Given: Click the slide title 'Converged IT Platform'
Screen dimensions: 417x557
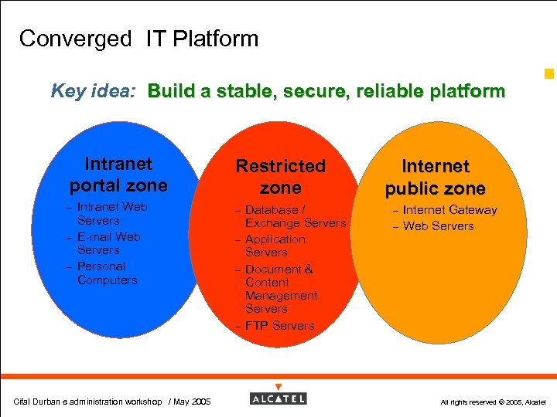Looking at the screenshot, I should [x=138, y=39].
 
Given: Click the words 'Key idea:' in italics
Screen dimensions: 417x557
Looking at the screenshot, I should [x=94, y=92].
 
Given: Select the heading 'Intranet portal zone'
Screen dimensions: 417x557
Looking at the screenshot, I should [x=118, y=175].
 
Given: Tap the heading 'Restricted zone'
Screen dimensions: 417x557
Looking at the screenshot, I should [x=281, y=177].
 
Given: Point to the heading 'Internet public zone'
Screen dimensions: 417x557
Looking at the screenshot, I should [x=436, y=177].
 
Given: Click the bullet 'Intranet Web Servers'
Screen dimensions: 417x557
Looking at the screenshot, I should [x=111, y=214].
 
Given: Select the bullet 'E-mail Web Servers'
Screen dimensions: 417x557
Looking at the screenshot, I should [x=108, y=243].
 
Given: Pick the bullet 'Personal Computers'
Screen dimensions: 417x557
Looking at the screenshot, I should [x=107, y=273].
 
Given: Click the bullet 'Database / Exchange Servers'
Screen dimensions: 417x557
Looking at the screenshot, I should [x=295, y=216].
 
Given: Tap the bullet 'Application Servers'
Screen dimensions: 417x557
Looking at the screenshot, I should [x=275, y=246].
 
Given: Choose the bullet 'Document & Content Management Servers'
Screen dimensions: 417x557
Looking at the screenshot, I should [x=281, y=289].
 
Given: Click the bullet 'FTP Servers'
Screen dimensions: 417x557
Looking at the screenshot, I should [x=279, y=325].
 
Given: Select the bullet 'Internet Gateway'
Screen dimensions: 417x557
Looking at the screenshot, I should [x=449, y=210].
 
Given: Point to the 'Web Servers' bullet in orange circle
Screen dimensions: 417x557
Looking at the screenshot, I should [x=438, y=226].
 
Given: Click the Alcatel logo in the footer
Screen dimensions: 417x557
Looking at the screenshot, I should [x=278, y=398].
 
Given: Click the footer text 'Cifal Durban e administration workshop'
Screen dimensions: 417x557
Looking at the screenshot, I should [x=87, y=402].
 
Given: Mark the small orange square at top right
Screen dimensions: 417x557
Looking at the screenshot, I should [x=549, y=75].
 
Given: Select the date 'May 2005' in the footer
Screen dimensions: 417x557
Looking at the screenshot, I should [x=191, y=402].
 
